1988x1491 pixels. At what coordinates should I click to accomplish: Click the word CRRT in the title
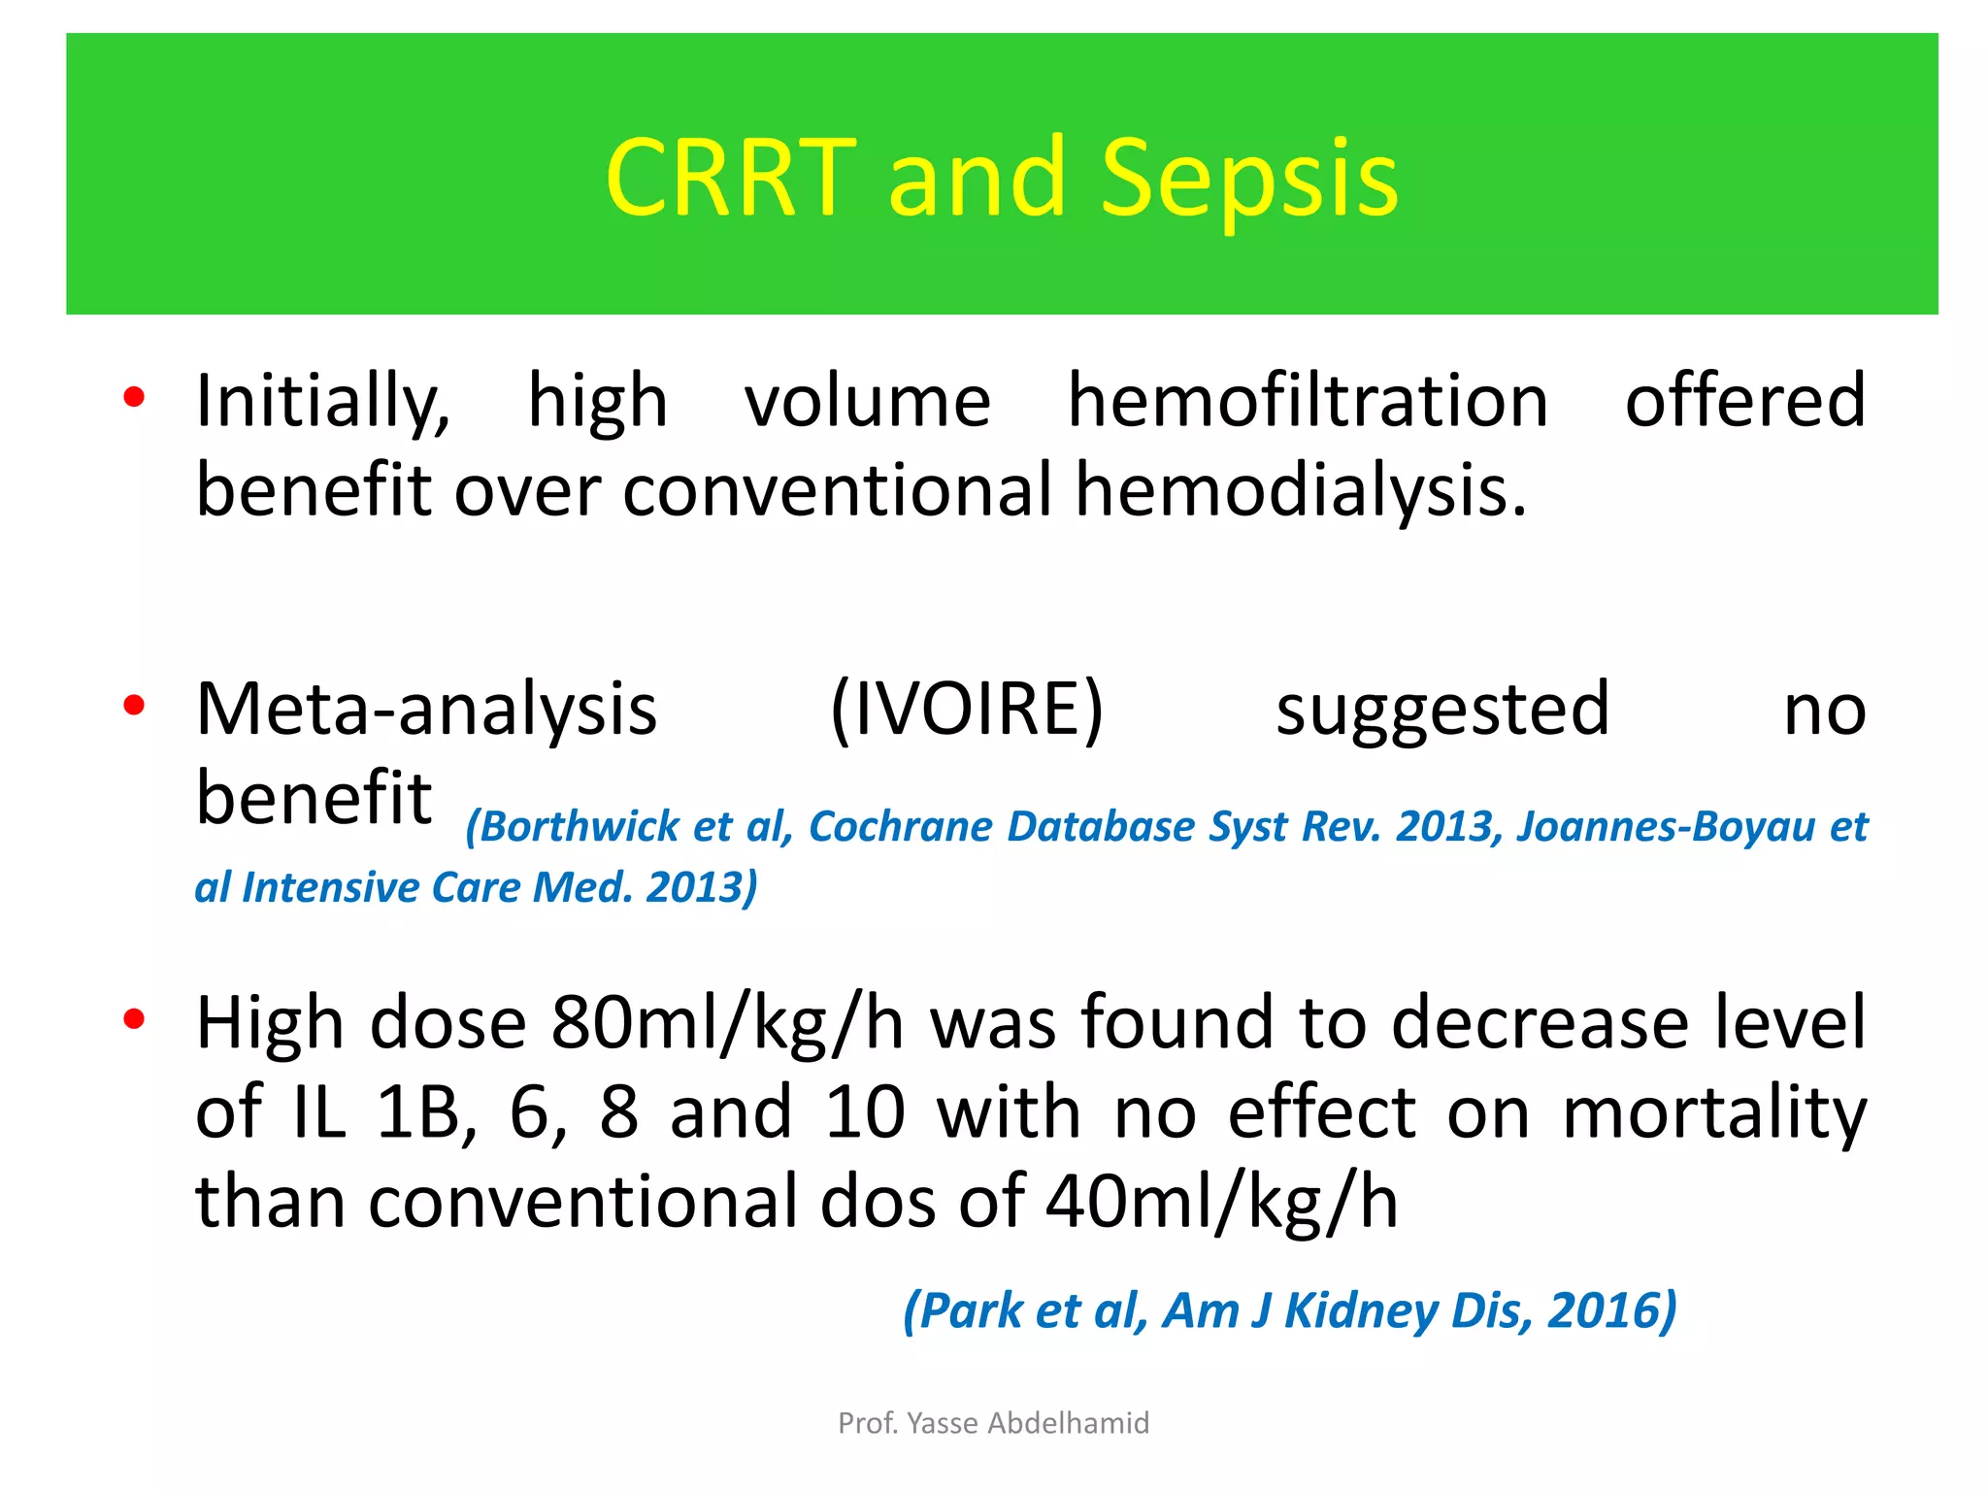click(x=730, y=177)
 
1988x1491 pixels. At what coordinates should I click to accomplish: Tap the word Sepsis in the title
click(x=1249, y=177)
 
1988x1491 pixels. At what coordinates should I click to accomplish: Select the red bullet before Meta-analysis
click(x=134, y=706)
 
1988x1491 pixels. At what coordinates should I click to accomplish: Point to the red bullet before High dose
click(x=134, y=1019)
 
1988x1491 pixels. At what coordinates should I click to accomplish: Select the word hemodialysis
click(x=1301, y=488)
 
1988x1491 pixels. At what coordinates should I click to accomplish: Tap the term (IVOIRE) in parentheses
click(x=967, y=709)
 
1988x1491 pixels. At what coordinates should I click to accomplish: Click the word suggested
click(x=1442, y=711)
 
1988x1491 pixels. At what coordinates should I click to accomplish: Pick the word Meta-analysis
click(x=427, y=709)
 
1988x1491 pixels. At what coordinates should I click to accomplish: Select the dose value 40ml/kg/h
click(x=1222, y=1202)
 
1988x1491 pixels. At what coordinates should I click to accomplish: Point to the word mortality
click(x=1714, y=1112)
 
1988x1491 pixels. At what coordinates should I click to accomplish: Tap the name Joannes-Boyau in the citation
click(x=1667, y=826)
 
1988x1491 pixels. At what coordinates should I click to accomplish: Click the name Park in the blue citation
click(x=972, y=1310)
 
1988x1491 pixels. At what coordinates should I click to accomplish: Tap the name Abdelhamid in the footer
click(x=1069, y=1423)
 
